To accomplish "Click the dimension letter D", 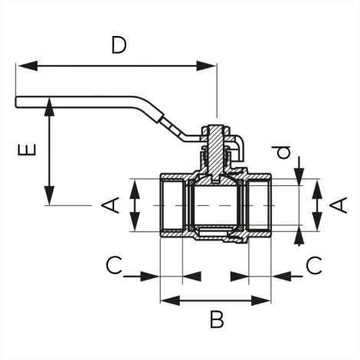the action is [x=119, y=45].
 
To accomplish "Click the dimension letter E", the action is [x=27, y=149].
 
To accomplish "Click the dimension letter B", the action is [x=217, y=319].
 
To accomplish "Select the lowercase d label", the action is [x=284, y=152].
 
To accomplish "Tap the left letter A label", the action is [x=111, y=205].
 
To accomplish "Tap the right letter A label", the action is [x=339, y=205].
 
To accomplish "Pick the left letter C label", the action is [x=114, y=265].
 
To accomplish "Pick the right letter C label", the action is [x=314, y=265].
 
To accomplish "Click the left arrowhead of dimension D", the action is [x=28, y=66].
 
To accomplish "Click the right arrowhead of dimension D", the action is [x=206, y=66].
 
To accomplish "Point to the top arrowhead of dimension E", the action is [x=49, y=106].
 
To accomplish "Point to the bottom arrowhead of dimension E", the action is [x=49, y=195].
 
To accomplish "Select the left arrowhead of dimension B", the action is [x=170, y=300].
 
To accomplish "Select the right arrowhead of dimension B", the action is [x=260, y=300].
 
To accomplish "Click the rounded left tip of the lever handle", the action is [x=16, y=102].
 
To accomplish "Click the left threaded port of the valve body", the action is [x=172, y=205].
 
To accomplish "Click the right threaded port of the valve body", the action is [x=259, y=205].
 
